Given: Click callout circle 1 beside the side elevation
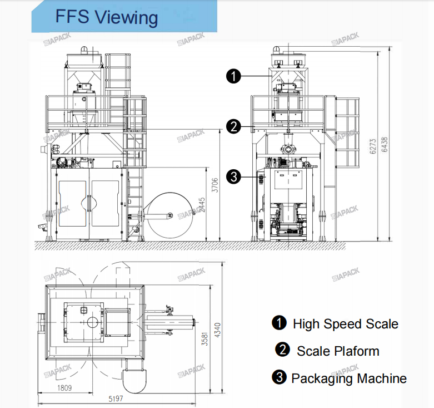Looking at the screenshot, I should point(234,76).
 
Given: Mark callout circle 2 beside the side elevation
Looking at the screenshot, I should point(234,126).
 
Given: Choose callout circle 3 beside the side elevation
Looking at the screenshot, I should point(234,177).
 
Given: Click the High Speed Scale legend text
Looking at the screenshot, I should point(345,323).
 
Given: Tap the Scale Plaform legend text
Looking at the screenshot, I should point(338,351).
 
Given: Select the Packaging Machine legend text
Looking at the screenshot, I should point(349,379).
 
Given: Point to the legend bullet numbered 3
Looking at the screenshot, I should point(278,378).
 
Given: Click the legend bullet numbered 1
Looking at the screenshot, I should point(278,323).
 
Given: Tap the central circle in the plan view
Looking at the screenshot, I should point(92,322).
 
